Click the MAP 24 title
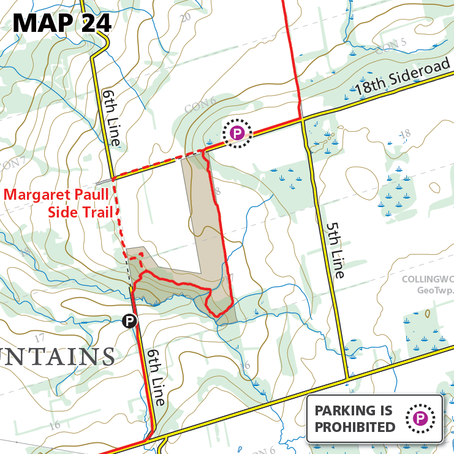pyautogui.click(x=62, y=23)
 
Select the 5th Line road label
pyautogui.click(x=333, y=251)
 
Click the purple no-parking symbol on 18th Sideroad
pyautogui.click(x=237, y=133)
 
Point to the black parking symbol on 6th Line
pyautogui.click(x=129, y=320)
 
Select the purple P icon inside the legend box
pyautogui.click(x=420, y=418)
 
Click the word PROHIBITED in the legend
pyautogui.click(x=355, y=427)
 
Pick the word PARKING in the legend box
pyautogui.click(x=350, y=410)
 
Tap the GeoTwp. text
pyautogui.click(x=434, y=290)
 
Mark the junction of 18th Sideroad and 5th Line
pyautogui.click(x=303, y=119)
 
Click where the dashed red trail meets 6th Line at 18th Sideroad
pyautogui.click(x=113, y=178)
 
